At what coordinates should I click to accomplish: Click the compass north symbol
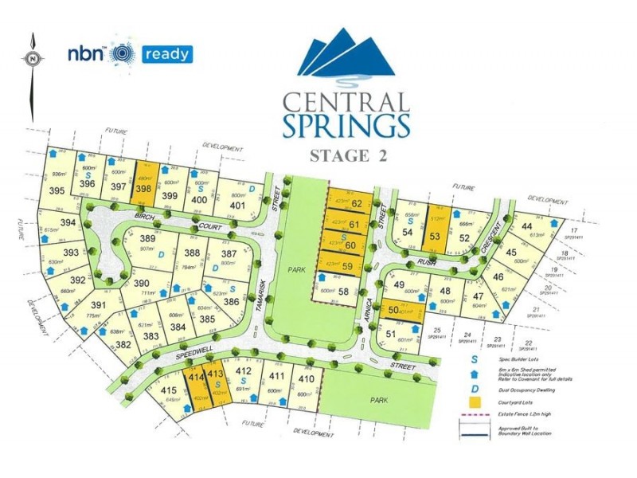coord(31,57)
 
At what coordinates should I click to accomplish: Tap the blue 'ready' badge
coord(166,55)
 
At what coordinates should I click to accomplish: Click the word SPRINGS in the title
coord(346,125)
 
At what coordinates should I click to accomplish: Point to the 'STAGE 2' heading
coord(346,155)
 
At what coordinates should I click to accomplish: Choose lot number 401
coord(236,205)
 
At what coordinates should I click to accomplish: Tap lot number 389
coord(147,238)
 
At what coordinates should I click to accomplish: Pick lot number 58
coord(343,292)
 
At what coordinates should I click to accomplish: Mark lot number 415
coord(168,390)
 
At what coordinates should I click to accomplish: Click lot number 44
coord(526,226)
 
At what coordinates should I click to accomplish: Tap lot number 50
coord(393,309)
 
